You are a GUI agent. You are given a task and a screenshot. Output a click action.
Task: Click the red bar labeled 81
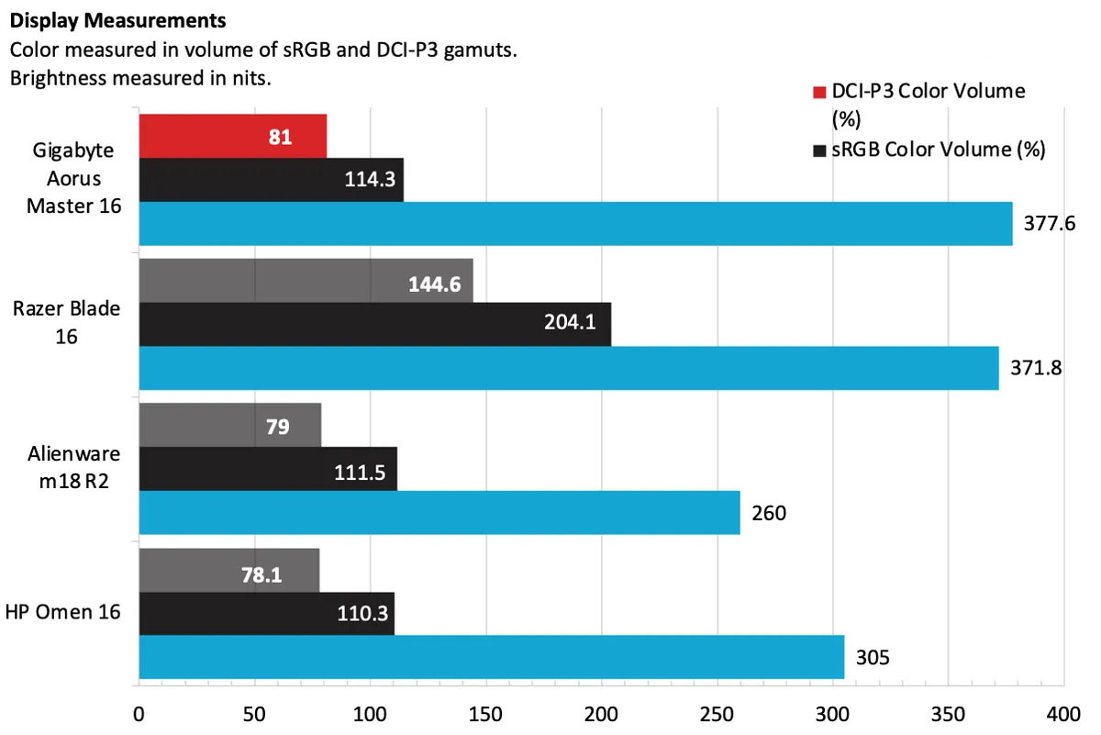[x=233, y=137]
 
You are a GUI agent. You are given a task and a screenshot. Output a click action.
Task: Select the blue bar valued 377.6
[x=575, y=224]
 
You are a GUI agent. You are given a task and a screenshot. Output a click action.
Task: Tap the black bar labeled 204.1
[x=374, y=324]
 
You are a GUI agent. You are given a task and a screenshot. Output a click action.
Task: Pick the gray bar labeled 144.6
[x=306, y=281]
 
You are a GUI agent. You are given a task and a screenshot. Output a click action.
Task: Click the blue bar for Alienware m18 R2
[x=439, y=512]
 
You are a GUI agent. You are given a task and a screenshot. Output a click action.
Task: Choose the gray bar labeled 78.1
[x=229, y=570]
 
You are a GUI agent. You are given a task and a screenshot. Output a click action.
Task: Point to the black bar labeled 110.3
[x=266, y=613]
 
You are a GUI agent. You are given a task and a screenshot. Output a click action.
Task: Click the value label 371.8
[x=1033, y=369]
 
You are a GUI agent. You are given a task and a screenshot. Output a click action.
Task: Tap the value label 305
[x=872, y=657]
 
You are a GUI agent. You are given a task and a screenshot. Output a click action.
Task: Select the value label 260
[x=769, y=513]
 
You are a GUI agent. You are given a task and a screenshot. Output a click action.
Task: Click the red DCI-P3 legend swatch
[x=819, y=92]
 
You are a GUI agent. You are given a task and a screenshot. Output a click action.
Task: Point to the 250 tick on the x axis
[x=717, y=713]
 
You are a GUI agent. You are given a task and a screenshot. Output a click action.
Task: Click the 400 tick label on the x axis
[x=1062, y=713]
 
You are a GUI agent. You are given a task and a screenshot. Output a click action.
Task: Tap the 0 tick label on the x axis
[x=139, y=713]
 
